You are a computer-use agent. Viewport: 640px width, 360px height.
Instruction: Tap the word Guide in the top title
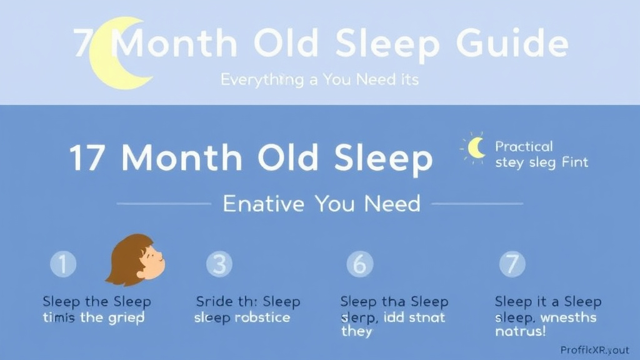[x=512, y=44]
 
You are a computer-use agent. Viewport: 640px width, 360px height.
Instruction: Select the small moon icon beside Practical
[x=476, y=147]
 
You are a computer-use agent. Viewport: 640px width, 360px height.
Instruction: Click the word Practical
[x=524, y=146]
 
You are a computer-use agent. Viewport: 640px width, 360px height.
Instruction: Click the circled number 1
[x=63, y=264]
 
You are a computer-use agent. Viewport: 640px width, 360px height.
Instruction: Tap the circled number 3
[x=219, y=264]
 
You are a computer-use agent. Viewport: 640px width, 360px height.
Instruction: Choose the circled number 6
[x=359, y=264]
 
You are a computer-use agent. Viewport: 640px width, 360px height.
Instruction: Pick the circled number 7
[x=512, y=264]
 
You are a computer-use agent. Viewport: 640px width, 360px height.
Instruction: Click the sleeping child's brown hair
[x=125, y=256]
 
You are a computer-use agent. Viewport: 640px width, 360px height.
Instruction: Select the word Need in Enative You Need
[x=394, y=204]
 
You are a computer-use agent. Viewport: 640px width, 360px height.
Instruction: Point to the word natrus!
[x=520, y=331]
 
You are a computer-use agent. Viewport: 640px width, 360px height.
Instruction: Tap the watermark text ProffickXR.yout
[x=594, y=351]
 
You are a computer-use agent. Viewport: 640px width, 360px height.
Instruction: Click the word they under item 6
[x=356, y=331]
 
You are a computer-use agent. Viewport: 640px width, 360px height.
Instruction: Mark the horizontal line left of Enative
[x=164, y=204]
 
